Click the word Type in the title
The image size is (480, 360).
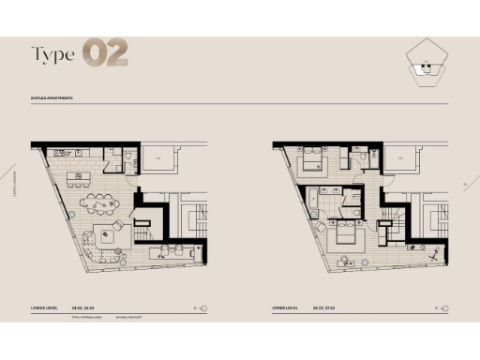pos(53,54)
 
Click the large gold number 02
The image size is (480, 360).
pos(104,53)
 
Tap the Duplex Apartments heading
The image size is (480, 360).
pos(52,97)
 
